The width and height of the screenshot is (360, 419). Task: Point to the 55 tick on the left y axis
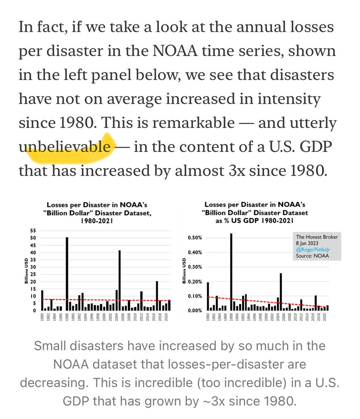click(34, 231)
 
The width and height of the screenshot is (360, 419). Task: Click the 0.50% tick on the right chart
click(195, 238)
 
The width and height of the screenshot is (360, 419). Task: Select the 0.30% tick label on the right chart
click(195, 267)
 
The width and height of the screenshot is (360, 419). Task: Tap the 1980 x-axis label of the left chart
click(42, 317)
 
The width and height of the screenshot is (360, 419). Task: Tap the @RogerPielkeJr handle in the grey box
click(312, 250)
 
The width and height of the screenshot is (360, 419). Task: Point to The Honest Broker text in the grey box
click(317, 237)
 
